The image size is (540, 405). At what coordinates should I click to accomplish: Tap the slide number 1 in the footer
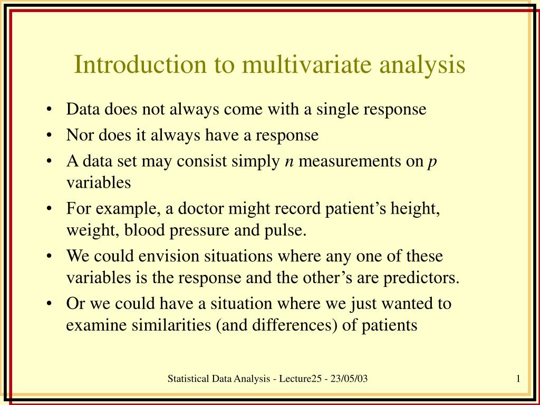(x=519, y=378)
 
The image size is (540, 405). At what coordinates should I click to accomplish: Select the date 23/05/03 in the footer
(x=350, y=378)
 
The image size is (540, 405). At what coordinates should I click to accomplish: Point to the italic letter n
(x=288, y=162)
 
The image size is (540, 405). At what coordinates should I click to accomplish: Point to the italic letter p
(x=432, y=163)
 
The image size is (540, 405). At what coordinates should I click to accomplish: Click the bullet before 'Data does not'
(x=49, y=110)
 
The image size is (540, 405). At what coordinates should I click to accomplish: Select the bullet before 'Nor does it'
(x=49, y=136)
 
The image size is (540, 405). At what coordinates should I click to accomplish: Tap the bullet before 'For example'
(x=49, y=209)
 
